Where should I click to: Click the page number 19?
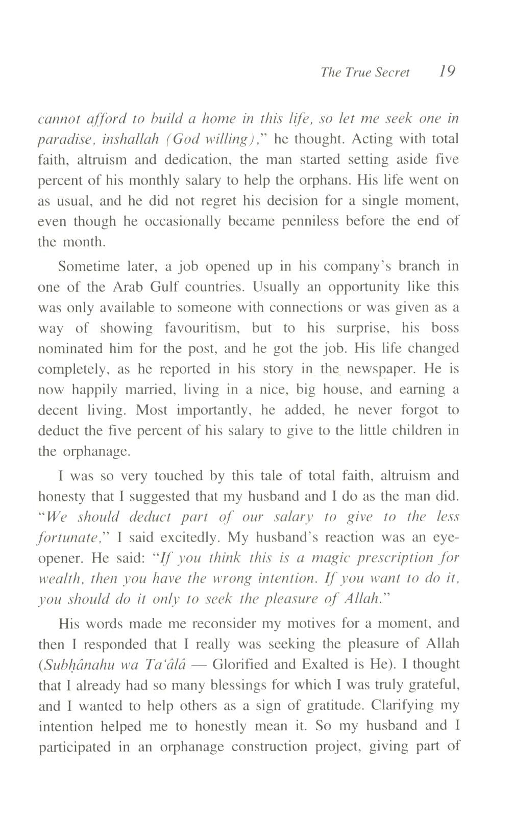(447, 71)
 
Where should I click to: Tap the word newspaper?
(372, 369)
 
